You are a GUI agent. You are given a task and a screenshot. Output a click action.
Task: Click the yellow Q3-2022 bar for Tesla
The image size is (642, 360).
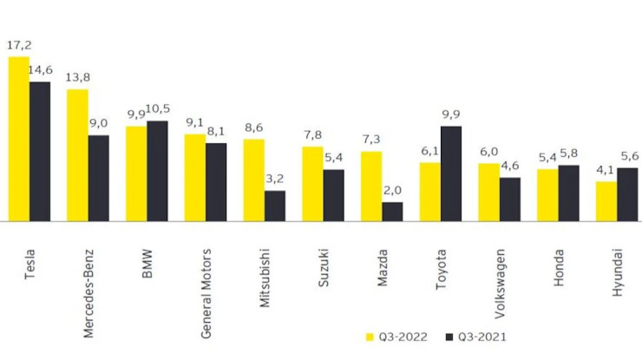(18, 139)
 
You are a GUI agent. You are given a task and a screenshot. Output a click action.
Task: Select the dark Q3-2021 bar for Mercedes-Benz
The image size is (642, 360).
(99, 178)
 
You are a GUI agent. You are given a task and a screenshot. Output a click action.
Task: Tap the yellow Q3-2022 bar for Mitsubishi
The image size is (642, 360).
(253, 180)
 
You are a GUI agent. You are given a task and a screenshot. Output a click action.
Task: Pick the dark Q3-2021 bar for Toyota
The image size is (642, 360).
(451, 173)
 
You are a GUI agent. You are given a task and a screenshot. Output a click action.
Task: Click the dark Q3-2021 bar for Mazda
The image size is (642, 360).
(392, 212)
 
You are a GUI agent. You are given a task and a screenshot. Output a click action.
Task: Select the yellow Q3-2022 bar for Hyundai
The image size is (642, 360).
(606, 201)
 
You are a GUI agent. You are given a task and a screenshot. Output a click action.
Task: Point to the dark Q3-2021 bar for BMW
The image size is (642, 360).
(157, 171)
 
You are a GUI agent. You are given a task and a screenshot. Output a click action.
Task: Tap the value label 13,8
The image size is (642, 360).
(78, 77)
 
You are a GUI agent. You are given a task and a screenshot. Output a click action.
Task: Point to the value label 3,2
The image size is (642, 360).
(275, 179)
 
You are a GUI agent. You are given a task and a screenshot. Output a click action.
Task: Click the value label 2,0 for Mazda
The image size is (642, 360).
(392, 190)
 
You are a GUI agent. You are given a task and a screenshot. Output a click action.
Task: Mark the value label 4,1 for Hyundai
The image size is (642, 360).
(606, 170)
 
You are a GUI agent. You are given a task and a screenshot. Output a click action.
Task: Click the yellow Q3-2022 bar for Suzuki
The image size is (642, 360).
(312, 184)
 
